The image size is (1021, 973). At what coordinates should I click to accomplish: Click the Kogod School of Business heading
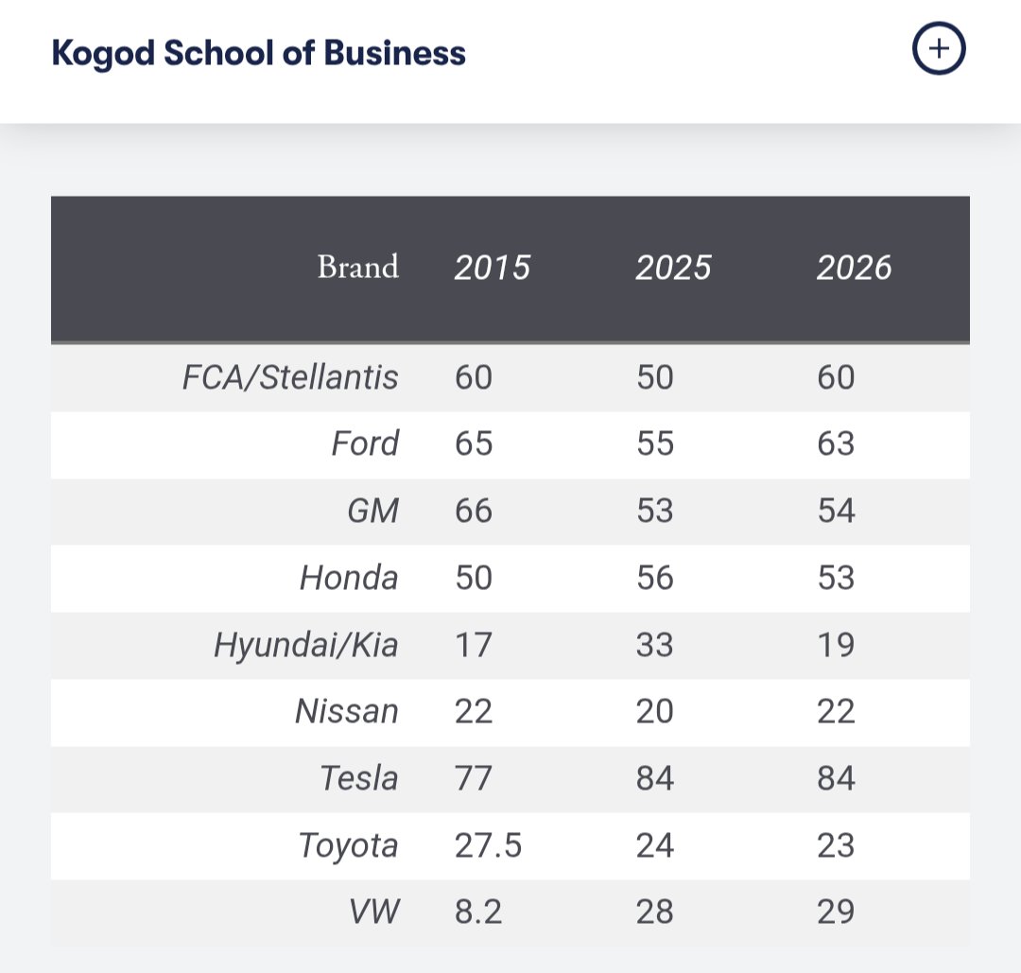click(258, 53)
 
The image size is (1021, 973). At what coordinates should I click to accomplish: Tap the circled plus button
click(939, 48)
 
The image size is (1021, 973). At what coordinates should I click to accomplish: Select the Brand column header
click(358, 267)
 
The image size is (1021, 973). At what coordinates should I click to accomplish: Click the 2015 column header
click(493, 268)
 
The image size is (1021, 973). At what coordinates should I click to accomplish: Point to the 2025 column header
click(673, 268)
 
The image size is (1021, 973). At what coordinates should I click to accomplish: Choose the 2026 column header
click(854, 268)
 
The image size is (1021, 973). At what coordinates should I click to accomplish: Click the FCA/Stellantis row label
click(290, 377)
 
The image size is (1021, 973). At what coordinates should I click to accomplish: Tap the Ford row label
click(365, 444)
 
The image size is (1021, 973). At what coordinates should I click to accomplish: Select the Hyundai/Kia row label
click(306, 646)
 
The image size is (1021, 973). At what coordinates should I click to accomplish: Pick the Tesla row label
click(359, 778)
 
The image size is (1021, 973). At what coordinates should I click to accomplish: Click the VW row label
click(373, 912)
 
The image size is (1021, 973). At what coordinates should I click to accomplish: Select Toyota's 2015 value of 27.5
click(489, 845)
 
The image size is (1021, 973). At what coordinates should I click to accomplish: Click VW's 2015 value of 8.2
click(478, 912)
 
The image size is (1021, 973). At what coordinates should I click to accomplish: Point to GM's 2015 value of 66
click(474, 511)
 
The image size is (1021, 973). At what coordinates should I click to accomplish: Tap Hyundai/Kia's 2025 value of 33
click(654, 645)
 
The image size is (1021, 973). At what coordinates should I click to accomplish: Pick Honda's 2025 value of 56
click(655, 578)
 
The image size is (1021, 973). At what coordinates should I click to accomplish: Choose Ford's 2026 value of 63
click(836, 444)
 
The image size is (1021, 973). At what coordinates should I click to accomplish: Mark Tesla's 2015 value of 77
click(473, 778)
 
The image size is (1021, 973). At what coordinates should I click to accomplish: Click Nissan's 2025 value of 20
click(654, 711)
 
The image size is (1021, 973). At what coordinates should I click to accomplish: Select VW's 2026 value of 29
click(836, 912)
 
